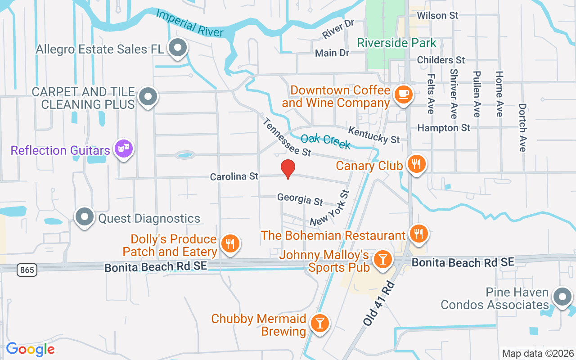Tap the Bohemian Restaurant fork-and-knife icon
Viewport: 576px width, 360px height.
(x=418, y=234)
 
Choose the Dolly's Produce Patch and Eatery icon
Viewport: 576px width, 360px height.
(x=230, y=244)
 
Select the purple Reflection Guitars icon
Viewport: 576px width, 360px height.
(x=123, y=148)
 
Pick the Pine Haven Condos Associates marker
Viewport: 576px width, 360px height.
(x=562, y=297)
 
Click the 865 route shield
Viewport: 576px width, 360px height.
(x=27, y=270)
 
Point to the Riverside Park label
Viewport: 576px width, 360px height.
(x=397, y=43)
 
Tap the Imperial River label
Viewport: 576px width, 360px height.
(x=189, y=23)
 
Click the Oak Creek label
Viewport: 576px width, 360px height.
(x=325, y=141)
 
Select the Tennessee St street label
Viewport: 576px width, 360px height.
(x=287, y=137)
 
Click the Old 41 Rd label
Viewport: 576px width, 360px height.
(x=378, y=304)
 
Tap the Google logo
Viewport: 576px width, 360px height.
(x=30, y=349)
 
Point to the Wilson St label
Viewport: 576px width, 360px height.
(x=437, y=16)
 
